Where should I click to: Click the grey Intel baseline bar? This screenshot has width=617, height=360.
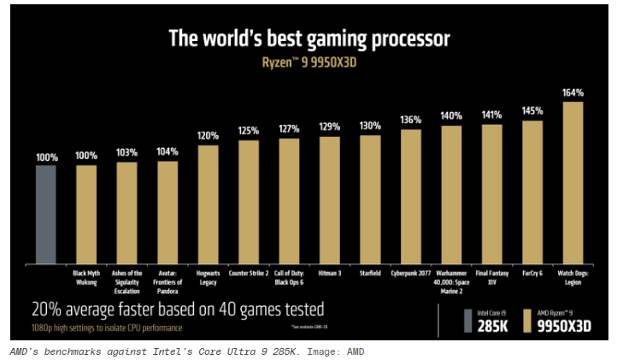click(45, 215)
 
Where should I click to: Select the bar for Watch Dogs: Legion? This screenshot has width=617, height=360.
click(573, 183)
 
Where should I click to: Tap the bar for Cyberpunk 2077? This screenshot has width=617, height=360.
click(410, 197)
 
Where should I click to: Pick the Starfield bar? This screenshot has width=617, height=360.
click(370, 200)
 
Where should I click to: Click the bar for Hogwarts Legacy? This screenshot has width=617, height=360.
click(209, 204)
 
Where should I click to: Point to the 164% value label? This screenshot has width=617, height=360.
click(573, 92)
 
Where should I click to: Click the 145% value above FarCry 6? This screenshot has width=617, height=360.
click(532, 111)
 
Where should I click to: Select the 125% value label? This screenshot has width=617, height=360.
click(249, 131)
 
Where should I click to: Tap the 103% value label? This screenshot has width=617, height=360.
click(126, 152)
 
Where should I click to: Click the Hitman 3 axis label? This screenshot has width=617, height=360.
click(330, 273)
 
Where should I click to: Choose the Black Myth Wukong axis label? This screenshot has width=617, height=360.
click(86, 276)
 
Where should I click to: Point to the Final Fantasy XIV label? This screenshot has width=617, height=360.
click(491, 276)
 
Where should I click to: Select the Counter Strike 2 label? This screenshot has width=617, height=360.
click(249, 273)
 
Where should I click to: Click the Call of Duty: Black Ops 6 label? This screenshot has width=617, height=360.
click(289, 276)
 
